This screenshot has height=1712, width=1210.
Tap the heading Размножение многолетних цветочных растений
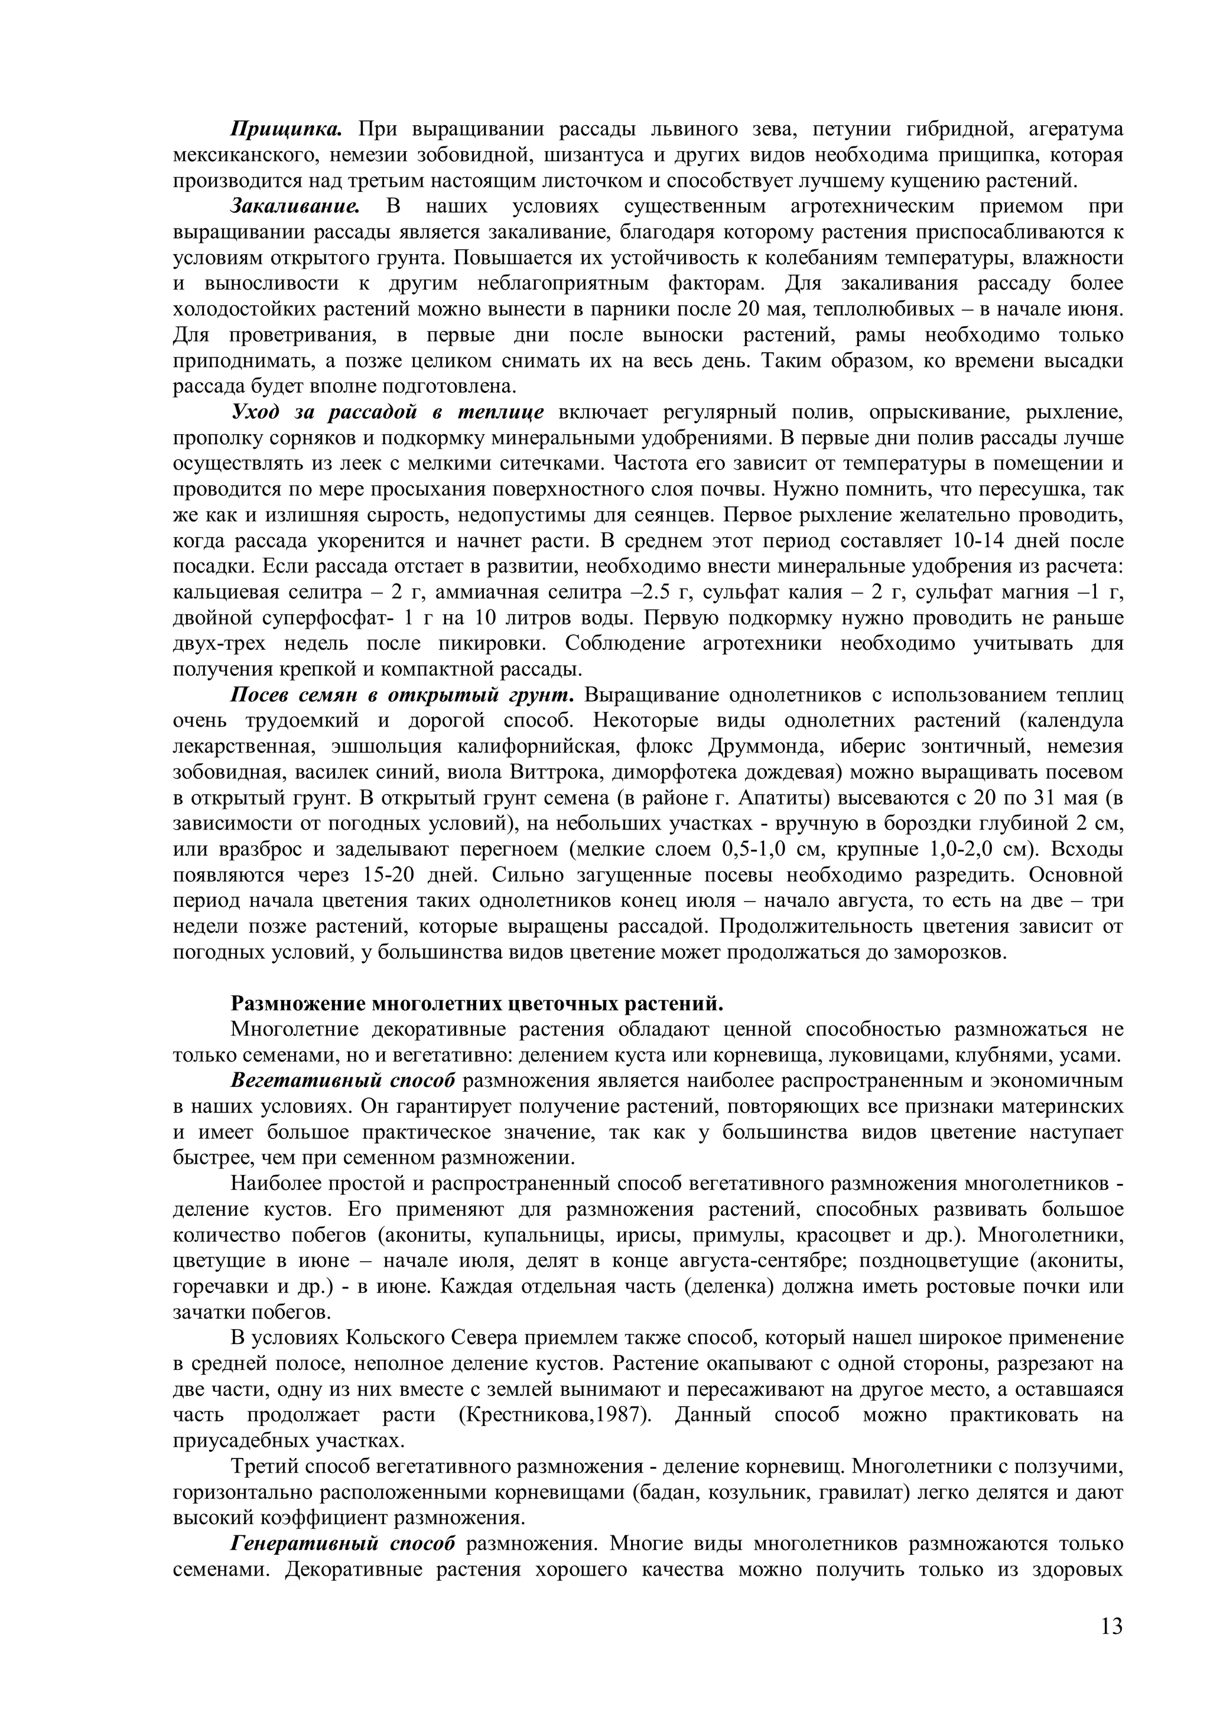pos(477,1004)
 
